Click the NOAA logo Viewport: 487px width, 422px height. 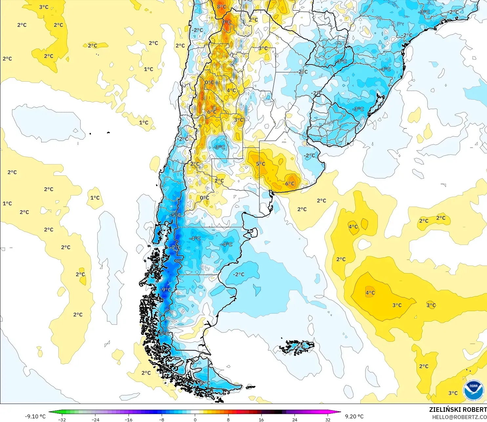coord(473,390)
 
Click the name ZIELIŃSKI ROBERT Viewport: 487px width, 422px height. coord(458,410)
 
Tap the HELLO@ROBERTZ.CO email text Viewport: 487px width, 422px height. coord(459,417)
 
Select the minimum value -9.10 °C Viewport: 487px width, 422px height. coord(35,416)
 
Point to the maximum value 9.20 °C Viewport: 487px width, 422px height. coord(354,416)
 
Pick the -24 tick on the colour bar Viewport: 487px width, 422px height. coord(95,419)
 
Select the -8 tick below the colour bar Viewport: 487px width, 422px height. coord(162,419)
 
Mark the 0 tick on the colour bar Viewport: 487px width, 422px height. coord(195,419)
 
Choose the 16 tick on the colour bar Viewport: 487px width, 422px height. coord(261,419)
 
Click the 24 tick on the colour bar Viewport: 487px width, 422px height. coord(294,419)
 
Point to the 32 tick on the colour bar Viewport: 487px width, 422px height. coord(328,419)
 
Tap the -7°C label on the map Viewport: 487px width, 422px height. coord(175,248)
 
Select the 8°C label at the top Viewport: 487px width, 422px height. coord(222,7)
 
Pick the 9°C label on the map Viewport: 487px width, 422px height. coord(227,22)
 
